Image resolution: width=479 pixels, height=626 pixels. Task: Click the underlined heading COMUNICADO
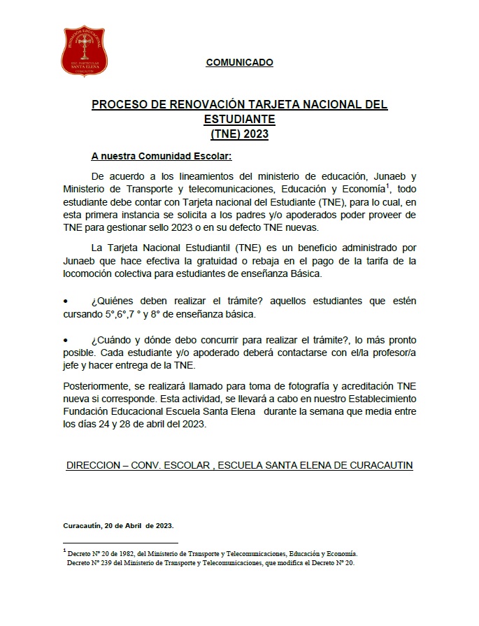pos(239,62)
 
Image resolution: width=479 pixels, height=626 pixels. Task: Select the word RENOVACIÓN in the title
pos(203,104)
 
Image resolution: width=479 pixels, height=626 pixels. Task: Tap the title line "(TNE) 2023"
pos(239,133)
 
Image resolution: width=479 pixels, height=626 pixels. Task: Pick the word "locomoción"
pos(88,273)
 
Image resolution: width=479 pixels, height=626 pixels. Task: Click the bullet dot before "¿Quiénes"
pos(66,301)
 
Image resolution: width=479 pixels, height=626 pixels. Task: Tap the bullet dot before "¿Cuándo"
pos(66,339)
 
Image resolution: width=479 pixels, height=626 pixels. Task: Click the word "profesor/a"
pos(392,352)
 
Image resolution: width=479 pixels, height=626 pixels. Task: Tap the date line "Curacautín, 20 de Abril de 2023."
pos(117,525)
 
